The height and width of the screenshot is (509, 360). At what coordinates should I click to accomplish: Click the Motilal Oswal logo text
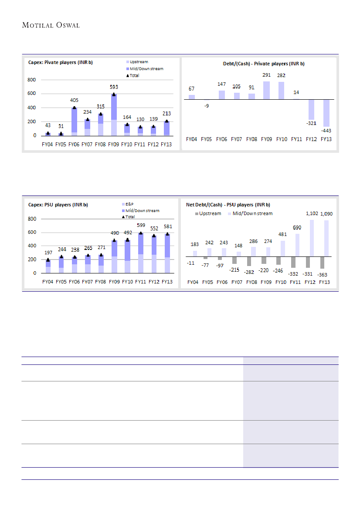51,25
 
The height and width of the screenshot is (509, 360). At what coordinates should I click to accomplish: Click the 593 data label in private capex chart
114,87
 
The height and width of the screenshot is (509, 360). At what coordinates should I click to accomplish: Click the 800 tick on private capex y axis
32,80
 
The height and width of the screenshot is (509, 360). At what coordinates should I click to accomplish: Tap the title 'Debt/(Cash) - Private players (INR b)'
261,64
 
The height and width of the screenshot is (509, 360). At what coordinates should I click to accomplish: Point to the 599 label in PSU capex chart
140,225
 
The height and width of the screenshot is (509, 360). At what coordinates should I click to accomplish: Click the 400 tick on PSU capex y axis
32,246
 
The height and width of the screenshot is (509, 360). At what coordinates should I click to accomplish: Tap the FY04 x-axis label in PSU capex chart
48,282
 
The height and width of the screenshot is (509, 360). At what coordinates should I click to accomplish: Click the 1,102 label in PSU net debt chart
310,213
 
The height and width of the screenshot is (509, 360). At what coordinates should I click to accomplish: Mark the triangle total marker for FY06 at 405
74,108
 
